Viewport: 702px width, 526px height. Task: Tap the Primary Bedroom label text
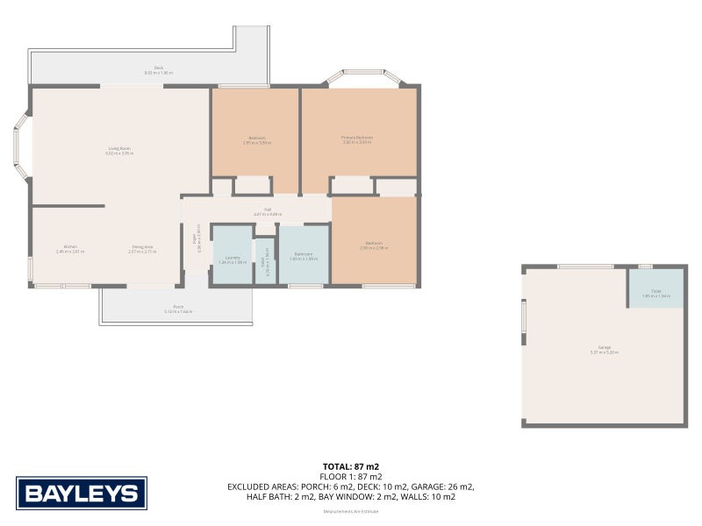(357, 139)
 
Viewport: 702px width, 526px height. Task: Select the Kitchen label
(69, 248)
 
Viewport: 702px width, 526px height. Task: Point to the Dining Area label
(142, 248)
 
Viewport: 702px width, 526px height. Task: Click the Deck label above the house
(159, 69)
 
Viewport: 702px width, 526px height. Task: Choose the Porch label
(177, 309)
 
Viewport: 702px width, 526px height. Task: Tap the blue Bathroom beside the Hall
(304, 256)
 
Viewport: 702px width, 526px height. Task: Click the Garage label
(604, 350)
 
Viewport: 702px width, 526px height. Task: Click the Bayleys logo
(82, 493)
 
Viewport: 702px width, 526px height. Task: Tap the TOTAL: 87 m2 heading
(351, 466)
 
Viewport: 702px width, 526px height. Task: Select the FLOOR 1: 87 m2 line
(351, 477)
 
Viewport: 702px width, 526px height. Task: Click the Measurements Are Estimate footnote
(350, 511)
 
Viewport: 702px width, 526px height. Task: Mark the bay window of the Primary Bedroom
(366, 77)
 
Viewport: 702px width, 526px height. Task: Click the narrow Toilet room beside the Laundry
(264, 260)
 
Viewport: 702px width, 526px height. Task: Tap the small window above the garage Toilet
(645, 266)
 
